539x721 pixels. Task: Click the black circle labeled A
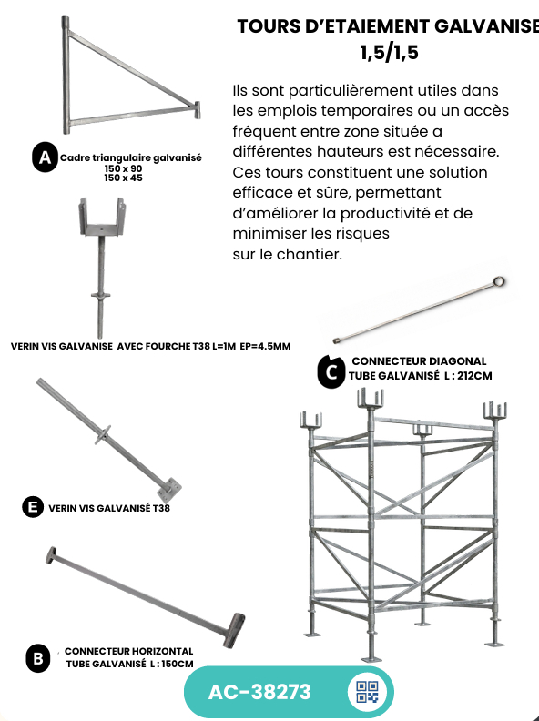click(45, 157)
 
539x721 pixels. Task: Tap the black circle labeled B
click(38, 658)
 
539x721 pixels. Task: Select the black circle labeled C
click(331, 371)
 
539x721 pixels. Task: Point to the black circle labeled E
click(33, 507)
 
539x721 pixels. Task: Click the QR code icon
click(368, 692)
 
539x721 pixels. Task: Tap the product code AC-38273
click(259, 692)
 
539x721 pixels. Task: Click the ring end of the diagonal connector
click(499, 281)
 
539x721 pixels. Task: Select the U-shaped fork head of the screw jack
click(102, 217)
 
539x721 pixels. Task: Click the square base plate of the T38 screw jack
click(168, 489)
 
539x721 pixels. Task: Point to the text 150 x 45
click(123, 178)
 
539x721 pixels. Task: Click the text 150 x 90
click(123, 168)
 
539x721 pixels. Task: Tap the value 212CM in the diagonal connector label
click(474, 376)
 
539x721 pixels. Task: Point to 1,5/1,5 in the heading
click(390, 52)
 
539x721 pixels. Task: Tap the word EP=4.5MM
click(265, 346)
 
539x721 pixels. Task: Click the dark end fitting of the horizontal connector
click(234, 630)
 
